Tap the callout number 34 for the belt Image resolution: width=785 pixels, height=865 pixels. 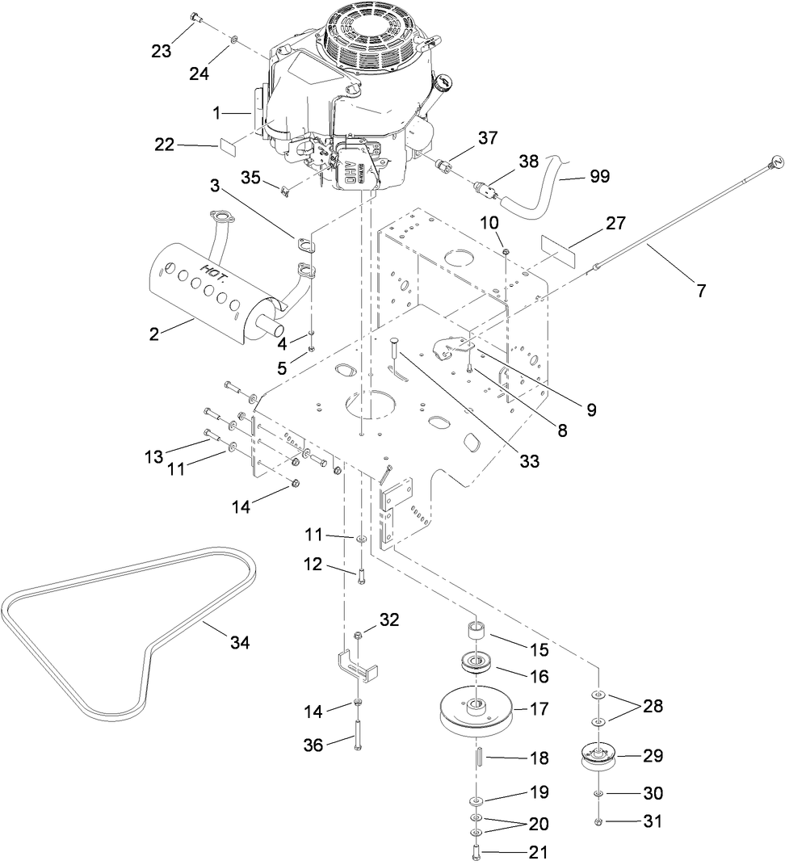point(240,643)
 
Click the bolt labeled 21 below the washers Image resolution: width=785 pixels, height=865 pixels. point(476,851)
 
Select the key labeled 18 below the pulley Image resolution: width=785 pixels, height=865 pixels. point(477,758)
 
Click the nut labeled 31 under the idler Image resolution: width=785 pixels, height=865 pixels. point(598,821)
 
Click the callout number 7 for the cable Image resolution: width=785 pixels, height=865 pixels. point(701,291)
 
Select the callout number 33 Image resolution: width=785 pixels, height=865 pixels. point(529,462)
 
